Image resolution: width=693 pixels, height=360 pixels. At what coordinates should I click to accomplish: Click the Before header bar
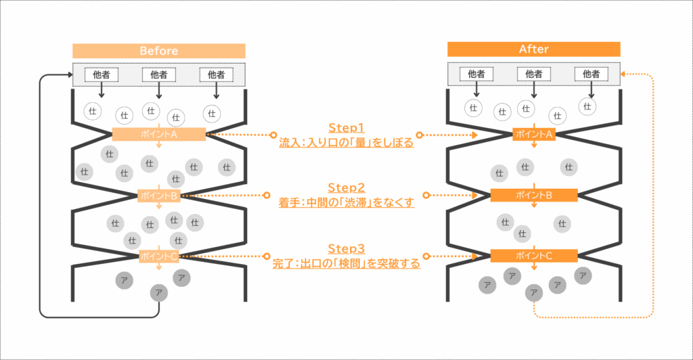[158, 51]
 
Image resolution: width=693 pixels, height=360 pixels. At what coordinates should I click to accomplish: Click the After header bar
[533, 49]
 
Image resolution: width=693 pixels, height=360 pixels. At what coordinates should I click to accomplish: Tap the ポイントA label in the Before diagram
[159, 134]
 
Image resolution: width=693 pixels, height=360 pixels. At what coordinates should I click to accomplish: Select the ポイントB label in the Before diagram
[159, 196]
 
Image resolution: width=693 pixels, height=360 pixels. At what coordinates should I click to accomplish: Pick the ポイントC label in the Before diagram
[159, 256]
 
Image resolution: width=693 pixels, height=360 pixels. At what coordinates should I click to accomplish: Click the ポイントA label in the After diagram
[534, 134]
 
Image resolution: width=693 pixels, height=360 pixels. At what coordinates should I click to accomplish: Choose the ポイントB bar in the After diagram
[534, 195]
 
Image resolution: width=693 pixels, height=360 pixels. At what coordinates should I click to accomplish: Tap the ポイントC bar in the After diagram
[534, 256]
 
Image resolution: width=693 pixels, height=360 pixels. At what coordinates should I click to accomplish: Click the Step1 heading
[346, 128]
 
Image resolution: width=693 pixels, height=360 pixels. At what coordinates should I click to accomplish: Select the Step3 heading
[346, 248]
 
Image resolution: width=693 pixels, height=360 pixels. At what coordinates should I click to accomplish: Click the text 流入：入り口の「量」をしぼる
[346, 143]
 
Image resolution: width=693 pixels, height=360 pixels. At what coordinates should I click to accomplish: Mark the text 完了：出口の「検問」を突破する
[346, 263]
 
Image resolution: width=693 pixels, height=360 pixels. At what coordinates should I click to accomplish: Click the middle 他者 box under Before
[158, 74]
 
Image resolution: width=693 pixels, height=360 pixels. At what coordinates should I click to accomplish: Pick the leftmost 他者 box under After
[476, 74]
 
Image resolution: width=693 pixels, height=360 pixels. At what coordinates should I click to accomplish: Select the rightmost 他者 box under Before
[216, 74]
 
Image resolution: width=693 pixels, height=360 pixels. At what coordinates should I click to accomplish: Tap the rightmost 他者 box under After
[591, 74]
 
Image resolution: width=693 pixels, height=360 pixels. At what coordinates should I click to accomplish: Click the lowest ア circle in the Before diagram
[159, 292]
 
